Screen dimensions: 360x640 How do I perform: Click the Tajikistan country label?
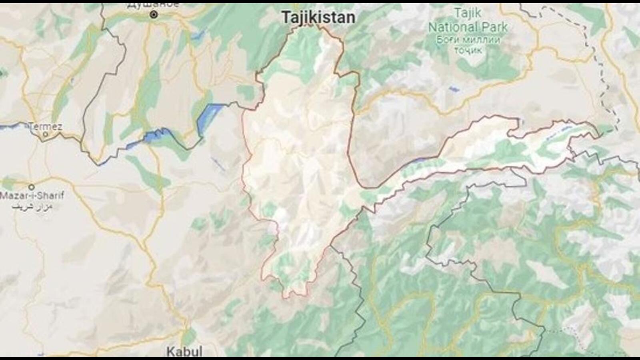pos(318,18)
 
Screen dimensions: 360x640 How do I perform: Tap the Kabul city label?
pos(184,352)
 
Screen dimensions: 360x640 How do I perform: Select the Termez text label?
pos(46,126)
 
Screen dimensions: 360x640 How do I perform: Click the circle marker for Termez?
pos(45,134)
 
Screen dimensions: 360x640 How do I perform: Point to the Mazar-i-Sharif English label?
pos(32,196)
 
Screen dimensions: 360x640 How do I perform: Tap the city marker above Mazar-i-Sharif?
pos(31,187)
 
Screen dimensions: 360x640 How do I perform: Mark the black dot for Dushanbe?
pos(154,15)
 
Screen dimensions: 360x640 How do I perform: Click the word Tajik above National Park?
pos(468,13)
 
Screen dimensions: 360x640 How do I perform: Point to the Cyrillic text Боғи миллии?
pos(468,40)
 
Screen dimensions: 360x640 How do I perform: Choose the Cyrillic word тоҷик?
pos(468,50)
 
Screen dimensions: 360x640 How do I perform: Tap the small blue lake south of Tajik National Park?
pos(454,89)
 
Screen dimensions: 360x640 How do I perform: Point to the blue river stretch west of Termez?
pos(12,127)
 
